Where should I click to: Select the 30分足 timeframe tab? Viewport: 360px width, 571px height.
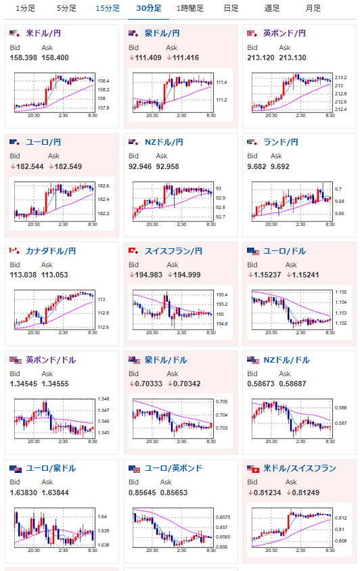149,8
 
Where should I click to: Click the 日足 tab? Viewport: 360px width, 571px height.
231,8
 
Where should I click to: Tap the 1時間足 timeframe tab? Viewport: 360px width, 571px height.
190,8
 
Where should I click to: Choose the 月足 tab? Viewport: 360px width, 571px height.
313,8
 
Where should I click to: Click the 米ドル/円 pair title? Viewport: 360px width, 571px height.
43,34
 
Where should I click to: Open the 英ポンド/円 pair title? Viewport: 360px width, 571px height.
285,34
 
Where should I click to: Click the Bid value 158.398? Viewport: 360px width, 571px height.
23,58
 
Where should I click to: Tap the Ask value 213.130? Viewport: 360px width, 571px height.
292,58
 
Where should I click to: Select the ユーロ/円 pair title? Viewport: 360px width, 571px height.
43,142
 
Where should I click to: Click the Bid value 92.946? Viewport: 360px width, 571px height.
140,166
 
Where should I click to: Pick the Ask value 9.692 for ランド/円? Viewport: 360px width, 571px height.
280,166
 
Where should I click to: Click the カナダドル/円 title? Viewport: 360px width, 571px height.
51,251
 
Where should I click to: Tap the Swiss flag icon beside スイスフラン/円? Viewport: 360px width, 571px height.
133,251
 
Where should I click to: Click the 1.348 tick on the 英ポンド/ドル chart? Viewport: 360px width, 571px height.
104,399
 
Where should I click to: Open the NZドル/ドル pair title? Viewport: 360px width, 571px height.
286,360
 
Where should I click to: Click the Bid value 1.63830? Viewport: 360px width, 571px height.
23,493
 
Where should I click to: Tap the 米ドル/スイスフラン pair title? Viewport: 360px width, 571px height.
300,468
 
